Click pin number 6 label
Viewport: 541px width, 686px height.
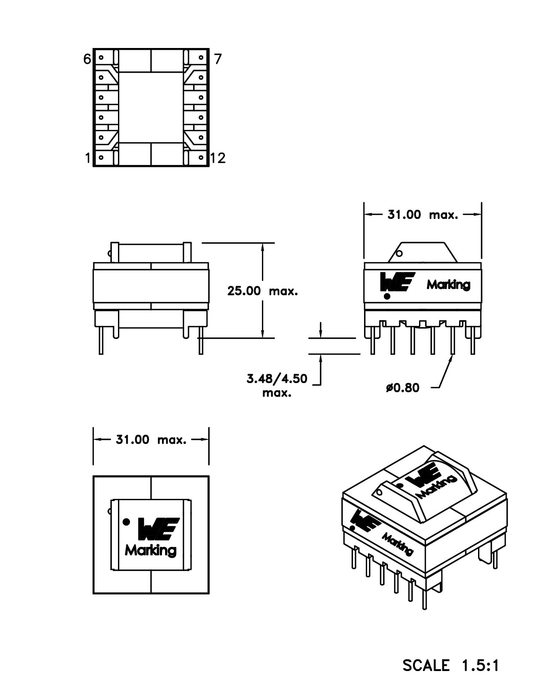[x=87, y=59]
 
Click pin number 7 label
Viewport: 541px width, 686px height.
[x=218, y=59]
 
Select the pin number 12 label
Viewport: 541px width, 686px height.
[x=218, y=158]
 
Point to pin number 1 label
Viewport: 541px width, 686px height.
[x=88, y=158]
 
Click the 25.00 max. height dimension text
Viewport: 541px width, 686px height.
[x=262, y=291]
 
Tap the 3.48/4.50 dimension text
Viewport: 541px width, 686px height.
[x=277, y=379]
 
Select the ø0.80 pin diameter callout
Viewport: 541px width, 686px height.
[x=402, y=388]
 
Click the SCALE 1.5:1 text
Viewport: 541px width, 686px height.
[x=451, y=665]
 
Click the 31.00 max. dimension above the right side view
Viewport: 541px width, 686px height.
[x=422, y=215]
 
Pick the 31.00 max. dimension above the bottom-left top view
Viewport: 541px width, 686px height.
[x=151, y=439]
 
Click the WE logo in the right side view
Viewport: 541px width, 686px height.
[x=397, y=282]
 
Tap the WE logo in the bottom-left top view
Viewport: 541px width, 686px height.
[x=158, y=529]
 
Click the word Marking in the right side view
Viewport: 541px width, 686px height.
[x=448, y=285]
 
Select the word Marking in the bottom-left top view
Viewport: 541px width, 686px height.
[x=151, y=550]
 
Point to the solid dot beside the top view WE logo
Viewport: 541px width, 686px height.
[x=126, y=522]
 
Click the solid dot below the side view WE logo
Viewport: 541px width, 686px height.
[x=387, y=296]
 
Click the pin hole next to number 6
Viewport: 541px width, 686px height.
[x=101, y=57]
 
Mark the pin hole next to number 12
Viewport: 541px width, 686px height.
[x=201, y=157]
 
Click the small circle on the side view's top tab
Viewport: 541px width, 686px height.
[x=399, y=253]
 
